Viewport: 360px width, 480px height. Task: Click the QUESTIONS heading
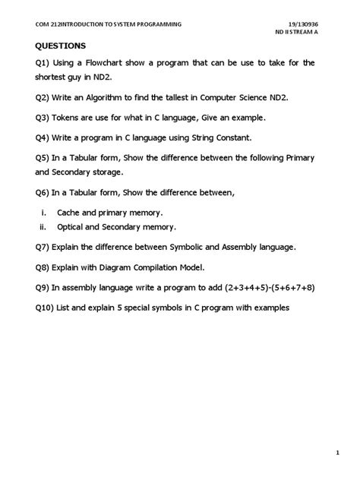55,46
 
